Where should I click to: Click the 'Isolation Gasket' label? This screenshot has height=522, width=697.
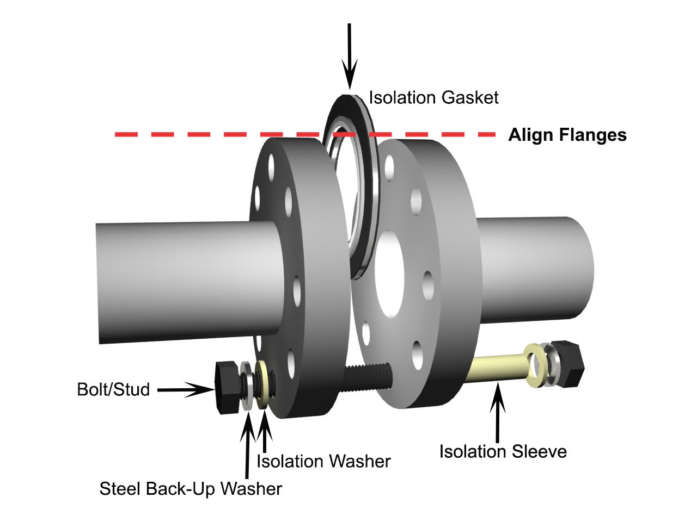433,98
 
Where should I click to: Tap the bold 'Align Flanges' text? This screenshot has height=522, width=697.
567,135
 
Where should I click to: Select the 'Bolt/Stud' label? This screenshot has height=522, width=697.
113,389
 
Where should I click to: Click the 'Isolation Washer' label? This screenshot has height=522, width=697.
323,462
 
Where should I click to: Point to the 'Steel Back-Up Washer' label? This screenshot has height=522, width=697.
191,489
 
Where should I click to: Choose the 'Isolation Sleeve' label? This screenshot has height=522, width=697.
503,451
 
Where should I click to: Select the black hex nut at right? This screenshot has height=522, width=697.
566,364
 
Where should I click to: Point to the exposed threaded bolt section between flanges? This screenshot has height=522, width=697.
367,378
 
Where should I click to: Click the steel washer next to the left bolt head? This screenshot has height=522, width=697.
246,387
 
